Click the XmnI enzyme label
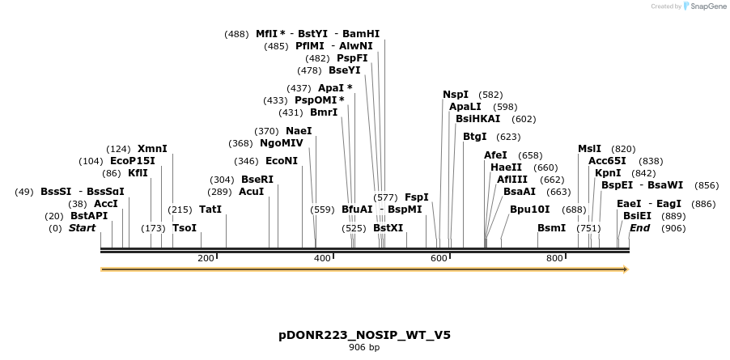[x=152, y=149]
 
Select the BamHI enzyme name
[x=361, y=34]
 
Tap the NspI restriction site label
[x=456, y=95]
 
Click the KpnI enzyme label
[x=608, y=173]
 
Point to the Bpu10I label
[x=530, y=210]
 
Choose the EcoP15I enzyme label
[x=132, y=161]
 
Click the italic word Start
[x=82, y=228]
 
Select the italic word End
[x=639, y=228]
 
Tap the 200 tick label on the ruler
[x=206, y=258]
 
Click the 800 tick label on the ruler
[x=554, y=258]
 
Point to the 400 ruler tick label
[x=322, y=258]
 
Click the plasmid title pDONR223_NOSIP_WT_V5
[x=364, y=334]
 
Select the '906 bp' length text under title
[x=364, y=347]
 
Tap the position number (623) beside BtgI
[x=508, y=137]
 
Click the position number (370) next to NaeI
[x=266, y=131]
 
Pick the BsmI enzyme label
[x=551, y=228]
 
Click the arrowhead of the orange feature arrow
[x=624, y=269]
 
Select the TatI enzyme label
[x=210, y=210]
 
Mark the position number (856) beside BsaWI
[x=707, y=185]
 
